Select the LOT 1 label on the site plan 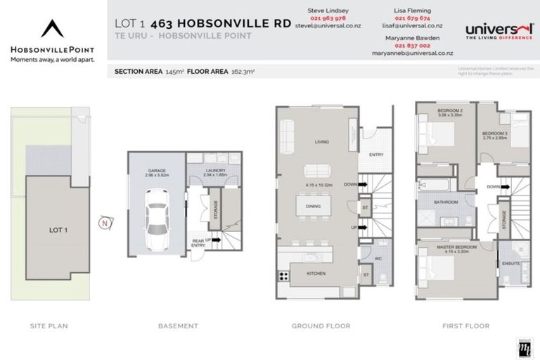[58, 229]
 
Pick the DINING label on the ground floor [314, 206]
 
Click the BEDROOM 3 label [494, 134]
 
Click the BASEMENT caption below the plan [179, 326]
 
